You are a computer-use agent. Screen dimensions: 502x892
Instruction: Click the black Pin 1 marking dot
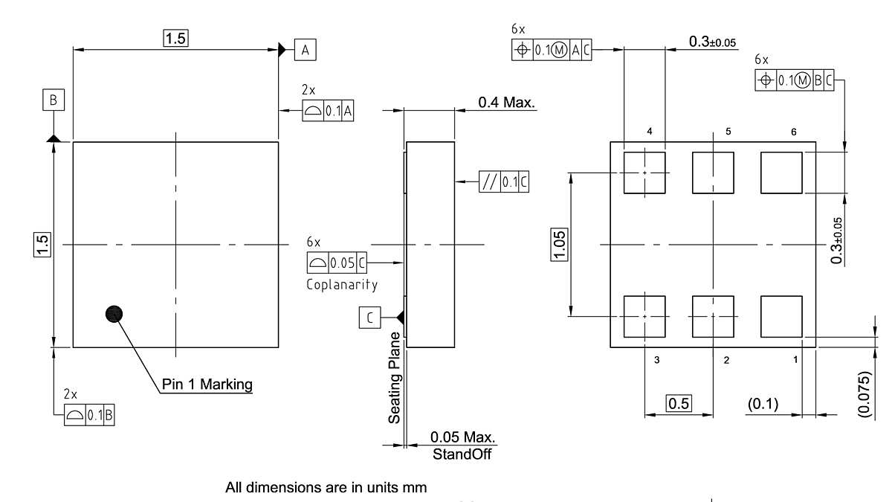click(x=114, y=314)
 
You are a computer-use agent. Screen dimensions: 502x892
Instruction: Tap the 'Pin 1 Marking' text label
click(x=207, y=384)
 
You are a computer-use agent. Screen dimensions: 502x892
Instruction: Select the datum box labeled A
click(x=306, y=50)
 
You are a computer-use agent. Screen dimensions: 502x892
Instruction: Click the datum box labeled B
click(x=54, y=99)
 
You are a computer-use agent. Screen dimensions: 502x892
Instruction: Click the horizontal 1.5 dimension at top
click(x=175, y=39)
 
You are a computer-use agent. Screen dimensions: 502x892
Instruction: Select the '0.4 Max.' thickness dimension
click(x=506, y=103)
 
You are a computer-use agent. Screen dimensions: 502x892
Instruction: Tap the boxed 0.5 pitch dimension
click(x=679, y=404)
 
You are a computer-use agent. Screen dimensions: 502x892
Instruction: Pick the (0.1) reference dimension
click(x=763, y=404)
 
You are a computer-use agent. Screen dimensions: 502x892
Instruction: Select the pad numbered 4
click(x=644, y=173)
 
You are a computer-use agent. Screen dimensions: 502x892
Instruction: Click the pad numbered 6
click(x=781, y=173)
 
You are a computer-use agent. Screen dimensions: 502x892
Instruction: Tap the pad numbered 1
click(x=781, y=316)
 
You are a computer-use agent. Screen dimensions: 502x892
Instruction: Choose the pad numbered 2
click(x=713, y=316)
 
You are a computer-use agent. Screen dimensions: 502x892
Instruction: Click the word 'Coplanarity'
click(x=341, y=285)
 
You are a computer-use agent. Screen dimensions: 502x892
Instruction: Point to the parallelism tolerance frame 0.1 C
click(x=504, y=182)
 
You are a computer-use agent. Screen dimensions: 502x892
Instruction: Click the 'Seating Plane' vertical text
click(x=394, y=377)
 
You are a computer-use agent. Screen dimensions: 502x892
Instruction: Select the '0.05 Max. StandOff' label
click(x=462, y=445)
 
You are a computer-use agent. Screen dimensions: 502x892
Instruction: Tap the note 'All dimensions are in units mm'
click(x=326, y=489)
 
